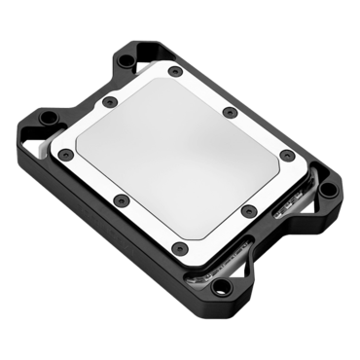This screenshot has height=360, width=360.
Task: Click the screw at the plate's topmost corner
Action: tap(173, 72)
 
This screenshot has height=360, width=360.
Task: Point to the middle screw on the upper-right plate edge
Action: tap(229, 114)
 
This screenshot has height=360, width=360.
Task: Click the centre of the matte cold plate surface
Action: tap(175, 161)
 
